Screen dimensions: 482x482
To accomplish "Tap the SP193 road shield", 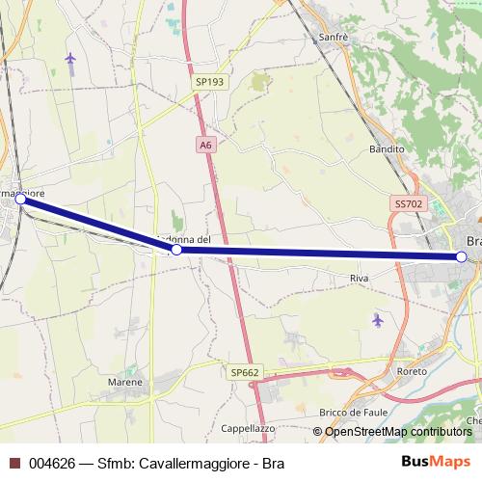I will [209, 83].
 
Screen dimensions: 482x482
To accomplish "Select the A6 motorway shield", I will [205, 145].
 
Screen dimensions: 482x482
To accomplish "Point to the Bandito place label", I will [387, 150].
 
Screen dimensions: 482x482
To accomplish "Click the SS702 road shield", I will [409, 204].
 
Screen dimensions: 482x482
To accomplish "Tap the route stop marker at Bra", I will [462, 257].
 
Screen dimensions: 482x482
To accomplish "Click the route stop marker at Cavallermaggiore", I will [20, 199].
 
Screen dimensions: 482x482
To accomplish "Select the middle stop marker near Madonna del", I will [176, 250].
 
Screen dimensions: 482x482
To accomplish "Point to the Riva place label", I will [360, 278].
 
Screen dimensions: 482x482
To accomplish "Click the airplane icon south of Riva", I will [377, 318].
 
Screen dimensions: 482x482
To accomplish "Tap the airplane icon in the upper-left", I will [70, 59].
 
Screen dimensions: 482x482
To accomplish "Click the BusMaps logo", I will [437, 462].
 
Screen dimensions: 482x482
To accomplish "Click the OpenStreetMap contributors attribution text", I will [398, 432].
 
